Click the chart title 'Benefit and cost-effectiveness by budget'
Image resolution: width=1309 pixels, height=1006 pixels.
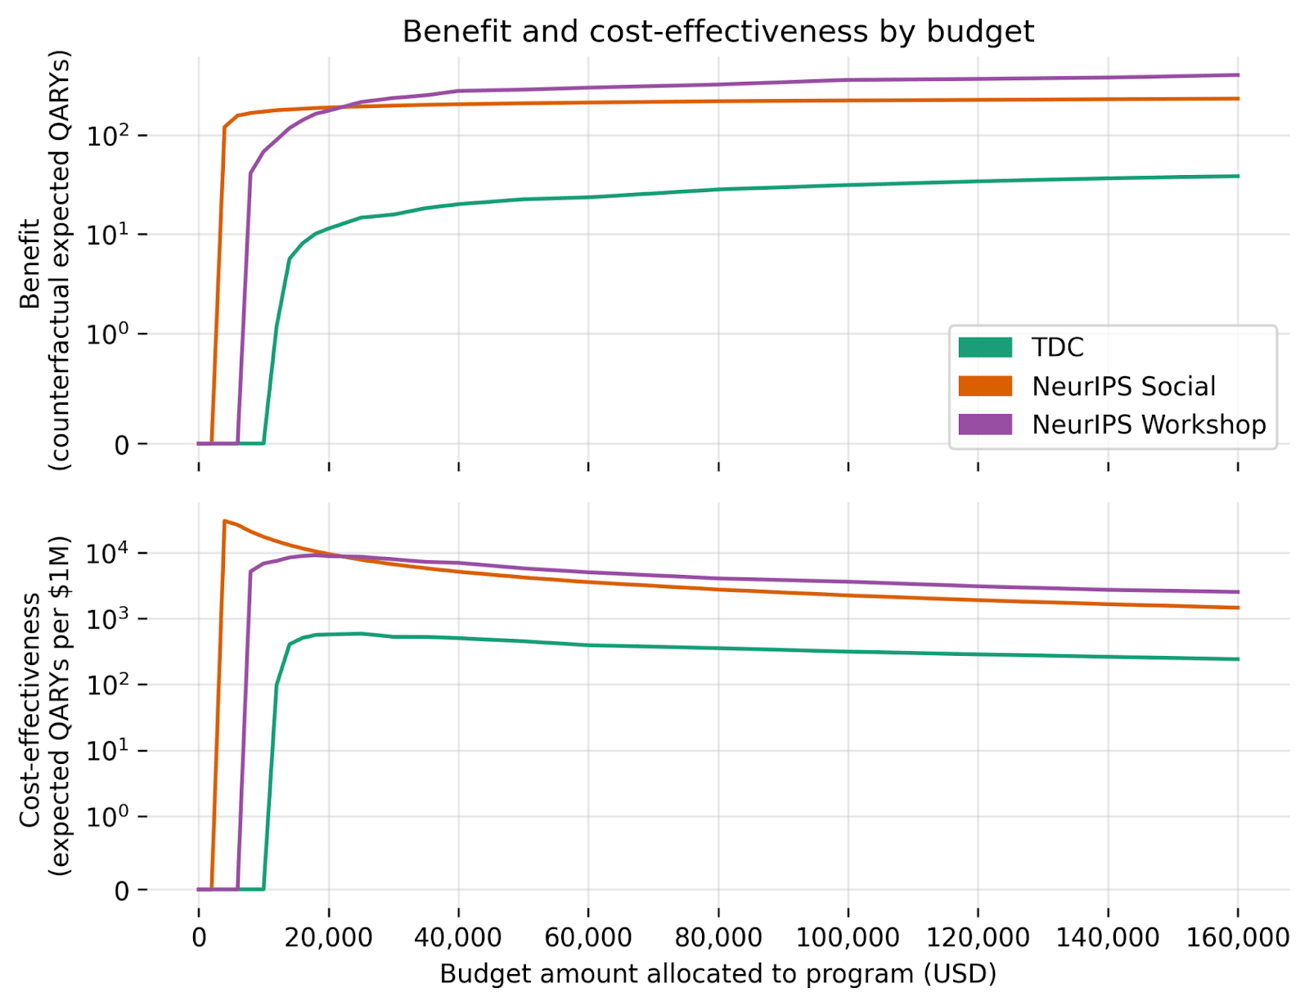(x=717, y=32)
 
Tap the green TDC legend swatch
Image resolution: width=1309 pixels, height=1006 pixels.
(x=985, y=348)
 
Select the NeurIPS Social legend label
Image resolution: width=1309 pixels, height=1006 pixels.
(x=1123, y=386)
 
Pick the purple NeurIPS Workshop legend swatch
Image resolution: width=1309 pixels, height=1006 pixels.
(x=985, y=424)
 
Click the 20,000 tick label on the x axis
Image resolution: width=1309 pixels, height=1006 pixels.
(x=328, y=936)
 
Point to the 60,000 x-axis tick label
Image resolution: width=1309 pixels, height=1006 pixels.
(x=587, y=936)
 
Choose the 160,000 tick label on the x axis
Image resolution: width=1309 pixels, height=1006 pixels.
(x=1237, y=936)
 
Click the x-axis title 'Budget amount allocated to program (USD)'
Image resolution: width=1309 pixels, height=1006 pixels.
(x=717, y=974)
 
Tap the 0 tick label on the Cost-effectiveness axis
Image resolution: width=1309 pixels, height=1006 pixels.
(x=121, y=890)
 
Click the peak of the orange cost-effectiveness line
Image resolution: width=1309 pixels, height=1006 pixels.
(x=224, y=520)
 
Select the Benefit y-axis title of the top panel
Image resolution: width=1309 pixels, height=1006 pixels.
(x=45, y=262)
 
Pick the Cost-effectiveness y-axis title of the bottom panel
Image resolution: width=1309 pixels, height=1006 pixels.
(x=45, y=706)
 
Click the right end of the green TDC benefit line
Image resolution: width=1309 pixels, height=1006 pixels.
(x=1238, y=176)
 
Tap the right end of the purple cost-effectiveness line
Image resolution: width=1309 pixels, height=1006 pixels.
(x=1238, y=591)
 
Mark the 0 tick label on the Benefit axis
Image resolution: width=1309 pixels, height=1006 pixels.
(x=121, y=445)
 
